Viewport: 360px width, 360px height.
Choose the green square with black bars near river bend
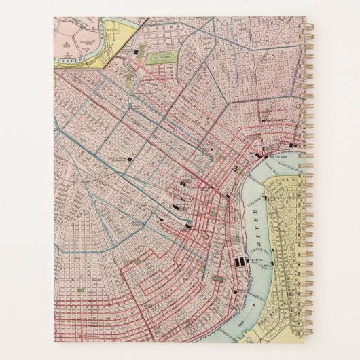pyautogui.click(x=214, y=213)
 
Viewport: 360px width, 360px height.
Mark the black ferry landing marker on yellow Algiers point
pyautogui.click(x=267, y=196)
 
